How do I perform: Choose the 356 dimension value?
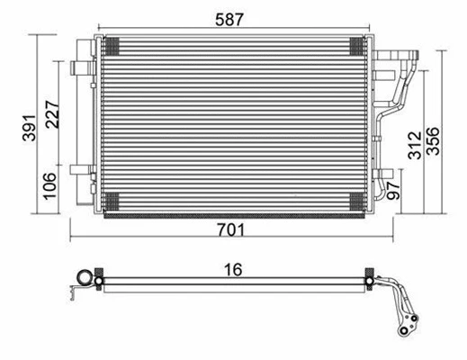(434, 131)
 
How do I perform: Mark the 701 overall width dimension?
(232, 230)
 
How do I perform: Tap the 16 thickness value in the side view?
(232, 268)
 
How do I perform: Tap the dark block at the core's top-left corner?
(112, 45)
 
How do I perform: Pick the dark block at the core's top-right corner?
(352, 45)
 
